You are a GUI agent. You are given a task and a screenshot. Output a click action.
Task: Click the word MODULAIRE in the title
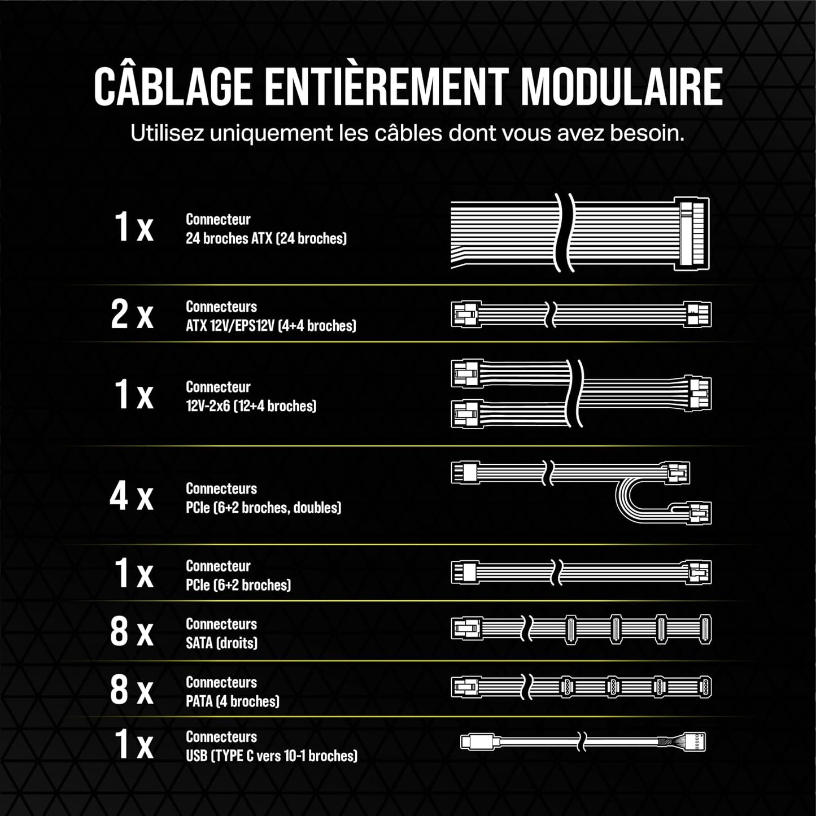point(621,86)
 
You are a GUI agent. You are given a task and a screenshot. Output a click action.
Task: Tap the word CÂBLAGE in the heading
point(172,86)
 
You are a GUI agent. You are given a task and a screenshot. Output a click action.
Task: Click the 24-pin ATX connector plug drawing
point(693,233)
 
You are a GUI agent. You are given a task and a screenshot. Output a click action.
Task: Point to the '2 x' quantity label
point(132,315)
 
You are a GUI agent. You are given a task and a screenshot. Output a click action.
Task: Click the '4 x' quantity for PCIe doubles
point(131,496)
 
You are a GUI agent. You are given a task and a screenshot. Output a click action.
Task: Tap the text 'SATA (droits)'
point(221,643)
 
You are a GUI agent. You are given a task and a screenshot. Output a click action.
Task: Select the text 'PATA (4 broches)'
point(232,701)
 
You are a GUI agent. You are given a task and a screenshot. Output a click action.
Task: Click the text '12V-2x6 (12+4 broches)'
point(251,406)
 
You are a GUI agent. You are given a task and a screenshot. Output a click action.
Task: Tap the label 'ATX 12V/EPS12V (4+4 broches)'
point(270,326)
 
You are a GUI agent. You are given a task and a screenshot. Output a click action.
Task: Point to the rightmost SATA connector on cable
point(705,630)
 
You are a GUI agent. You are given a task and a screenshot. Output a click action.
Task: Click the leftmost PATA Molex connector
point(566,687)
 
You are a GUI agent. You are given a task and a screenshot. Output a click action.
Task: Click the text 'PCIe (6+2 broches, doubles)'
point(263,508)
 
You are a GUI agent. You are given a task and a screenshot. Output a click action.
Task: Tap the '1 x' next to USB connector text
point(133,744)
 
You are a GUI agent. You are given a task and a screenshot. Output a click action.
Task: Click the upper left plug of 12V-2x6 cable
point(466,374)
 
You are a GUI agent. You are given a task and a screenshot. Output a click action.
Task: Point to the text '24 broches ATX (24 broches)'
point(266,238)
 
